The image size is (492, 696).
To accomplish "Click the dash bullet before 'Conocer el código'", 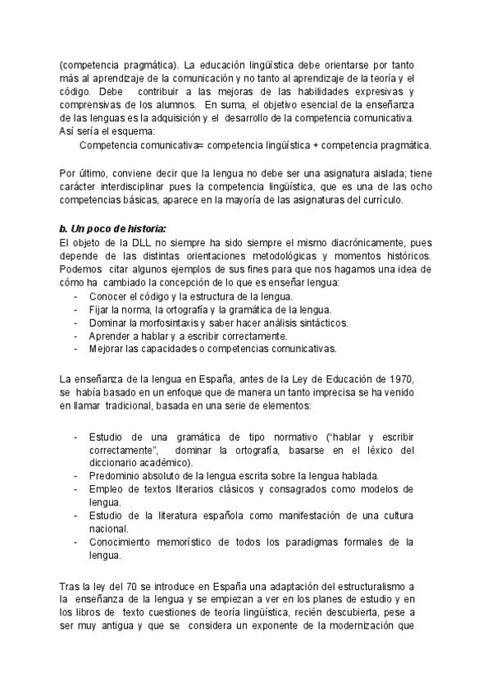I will click(76, 296).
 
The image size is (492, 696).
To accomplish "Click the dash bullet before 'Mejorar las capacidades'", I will click(76, 349).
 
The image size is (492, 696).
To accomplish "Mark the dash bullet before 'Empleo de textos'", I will click(76, 489).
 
